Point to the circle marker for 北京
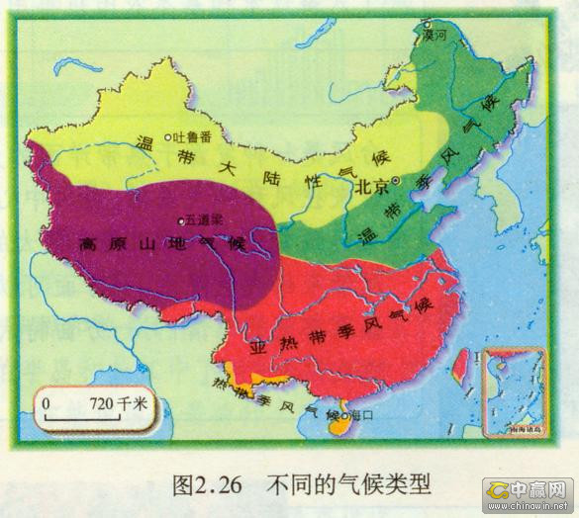tap(395, 181)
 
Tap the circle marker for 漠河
tap(427, 24)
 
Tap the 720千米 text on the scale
tap(117, 403)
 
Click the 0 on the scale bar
tap(47, 403)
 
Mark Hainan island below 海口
tap(338, 430)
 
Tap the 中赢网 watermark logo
tap(529, 488)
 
